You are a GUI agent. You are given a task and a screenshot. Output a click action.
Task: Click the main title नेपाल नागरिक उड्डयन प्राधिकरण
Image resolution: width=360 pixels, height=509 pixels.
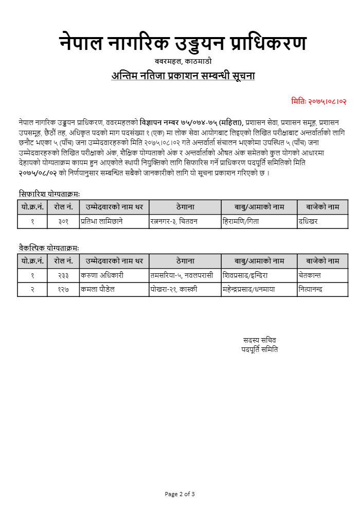[183, 44]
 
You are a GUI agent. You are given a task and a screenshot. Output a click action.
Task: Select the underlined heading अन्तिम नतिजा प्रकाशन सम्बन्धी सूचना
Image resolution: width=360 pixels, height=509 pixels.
[183, 76]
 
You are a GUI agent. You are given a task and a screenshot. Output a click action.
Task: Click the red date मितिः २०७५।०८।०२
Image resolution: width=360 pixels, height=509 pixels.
[318, 101]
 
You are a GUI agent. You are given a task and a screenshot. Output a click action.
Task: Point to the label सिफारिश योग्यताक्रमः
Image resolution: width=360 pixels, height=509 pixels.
[49, 194]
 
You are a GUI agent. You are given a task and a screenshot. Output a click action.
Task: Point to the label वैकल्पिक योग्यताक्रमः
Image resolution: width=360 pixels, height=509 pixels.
[49, 248]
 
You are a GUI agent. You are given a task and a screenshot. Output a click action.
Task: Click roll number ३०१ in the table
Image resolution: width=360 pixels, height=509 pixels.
[64, 221]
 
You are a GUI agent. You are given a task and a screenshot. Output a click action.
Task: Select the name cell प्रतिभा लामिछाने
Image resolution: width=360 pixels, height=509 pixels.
[101, 221]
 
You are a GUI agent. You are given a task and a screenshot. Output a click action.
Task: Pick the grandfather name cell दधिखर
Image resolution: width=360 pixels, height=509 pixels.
[308, 221]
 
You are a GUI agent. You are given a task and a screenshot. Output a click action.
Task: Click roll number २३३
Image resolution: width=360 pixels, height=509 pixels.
[64, 275]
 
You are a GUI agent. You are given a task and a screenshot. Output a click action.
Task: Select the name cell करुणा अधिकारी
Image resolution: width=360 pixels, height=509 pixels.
[101, 275]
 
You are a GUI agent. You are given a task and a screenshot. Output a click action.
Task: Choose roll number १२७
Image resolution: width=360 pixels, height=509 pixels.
[64, 289]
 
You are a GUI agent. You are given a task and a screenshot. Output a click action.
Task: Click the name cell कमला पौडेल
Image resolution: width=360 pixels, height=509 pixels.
[97, 289]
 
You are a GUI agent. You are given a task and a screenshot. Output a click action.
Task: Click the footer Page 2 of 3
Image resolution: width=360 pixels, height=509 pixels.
[180, 494]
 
